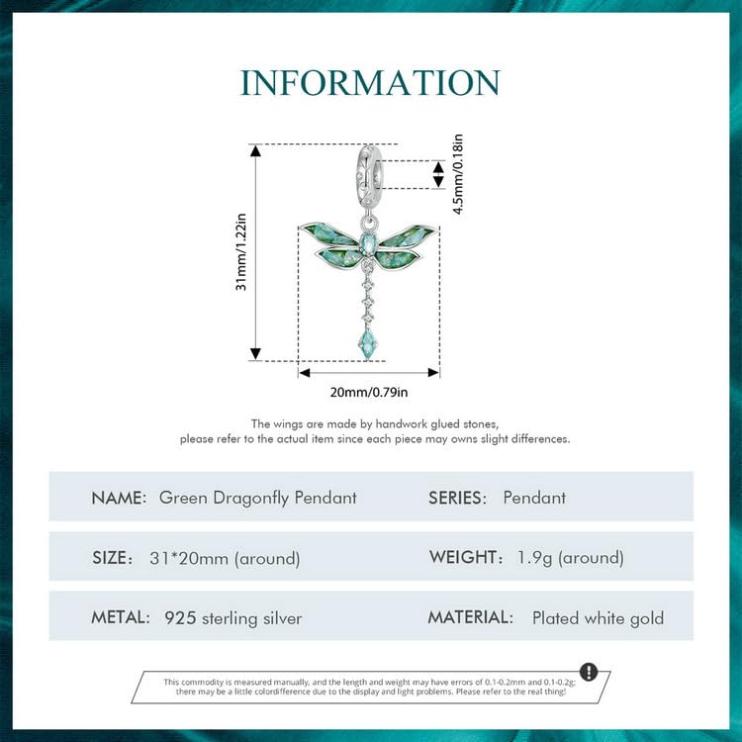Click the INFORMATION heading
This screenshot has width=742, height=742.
(x=370, y=83)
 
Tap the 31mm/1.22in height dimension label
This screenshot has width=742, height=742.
(x=241, y=251)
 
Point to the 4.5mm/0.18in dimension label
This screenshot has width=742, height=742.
(x=458, y=174)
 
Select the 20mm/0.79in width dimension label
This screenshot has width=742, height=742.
(x=369, y=393)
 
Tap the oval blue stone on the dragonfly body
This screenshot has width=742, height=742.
(x=368, y=243)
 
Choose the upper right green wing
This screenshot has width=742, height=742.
(x=407, y=235)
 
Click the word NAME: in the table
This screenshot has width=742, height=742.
(x=119, y=498)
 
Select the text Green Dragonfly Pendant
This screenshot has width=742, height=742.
(x=258, y=499)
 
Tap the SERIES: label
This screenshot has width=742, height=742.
(x=457, y=498)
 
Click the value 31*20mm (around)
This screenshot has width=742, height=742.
(x=225, y=558)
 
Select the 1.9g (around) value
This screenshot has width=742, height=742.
(x=570, y=558)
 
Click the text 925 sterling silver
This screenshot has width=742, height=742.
(x=232, y=618)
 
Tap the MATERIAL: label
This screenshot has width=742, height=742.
(x=470, y=617)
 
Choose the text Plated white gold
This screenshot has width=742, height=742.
(x=599, y=618)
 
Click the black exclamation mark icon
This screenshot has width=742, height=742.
(x=589, y=672)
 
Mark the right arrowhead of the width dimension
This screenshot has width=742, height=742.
(x=434, y=373)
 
